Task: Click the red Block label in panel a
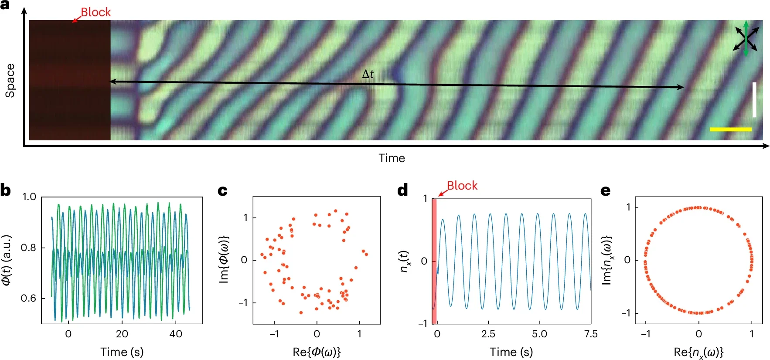coord(95,12)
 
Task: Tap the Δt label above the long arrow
coord(368,74)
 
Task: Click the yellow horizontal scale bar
coord(730,129)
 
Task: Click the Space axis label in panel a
coord(10,81)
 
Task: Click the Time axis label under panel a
coord(392,158)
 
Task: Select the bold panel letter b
coord(6,191)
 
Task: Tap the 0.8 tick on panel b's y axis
coord(28,248)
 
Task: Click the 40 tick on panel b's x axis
coord(176,334)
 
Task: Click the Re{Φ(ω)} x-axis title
coord(317,352)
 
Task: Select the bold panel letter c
coord(222,191)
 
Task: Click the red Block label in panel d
coord(462,186)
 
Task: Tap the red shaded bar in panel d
coord(434,262)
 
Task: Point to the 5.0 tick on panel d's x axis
coord(539,334)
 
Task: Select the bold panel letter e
coord(605,191)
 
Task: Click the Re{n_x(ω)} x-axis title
coord(698,352)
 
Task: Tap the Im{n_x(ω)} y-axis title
coord(606,261)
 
